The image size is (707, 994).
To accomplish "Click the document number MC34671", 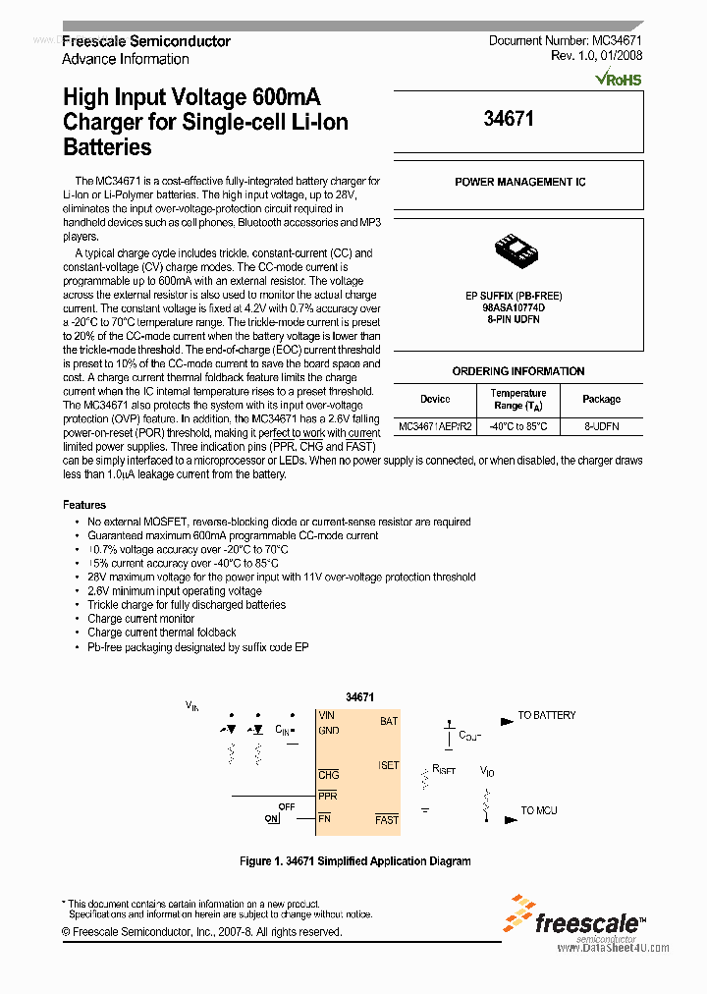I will tap(618, 41).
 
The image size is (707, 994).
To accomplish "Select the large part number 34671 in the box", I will tap(509, 119).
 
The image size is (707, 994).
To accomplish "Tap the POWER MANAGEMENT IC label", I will tap(519, 183).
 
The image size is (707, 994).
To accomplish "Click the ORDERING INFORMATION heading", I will tap(517, 371).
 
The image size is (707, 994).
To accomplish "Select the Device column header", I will tap(435, 399).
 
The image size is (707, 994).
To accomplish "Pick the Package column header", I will tap(601, 399).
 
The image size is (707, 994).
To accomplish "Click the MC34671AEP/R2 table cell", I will tap(435, 427).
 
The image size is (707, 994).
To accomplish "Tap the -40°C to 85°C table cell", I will tap(517, 427).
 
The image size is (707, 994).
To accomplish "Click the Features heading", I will tap(84, 505).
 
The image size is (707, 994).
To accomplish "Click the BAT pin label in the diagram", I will tap(389, 721).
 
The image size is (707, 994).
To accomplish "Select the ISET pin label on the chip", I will tap(388, 766).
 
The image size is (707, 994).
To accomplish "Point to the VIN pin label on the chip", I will tap(326, 716).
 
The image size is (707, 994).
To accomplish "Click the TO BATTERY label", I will tap(547, 716).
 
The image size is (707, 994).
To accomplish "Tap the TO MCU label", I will tap(538, 810).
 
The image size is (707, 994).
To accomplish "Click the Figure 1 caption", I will tap(355, 861).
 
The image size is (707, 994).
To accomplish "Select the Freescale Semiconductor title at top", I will tap(146, 41).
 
